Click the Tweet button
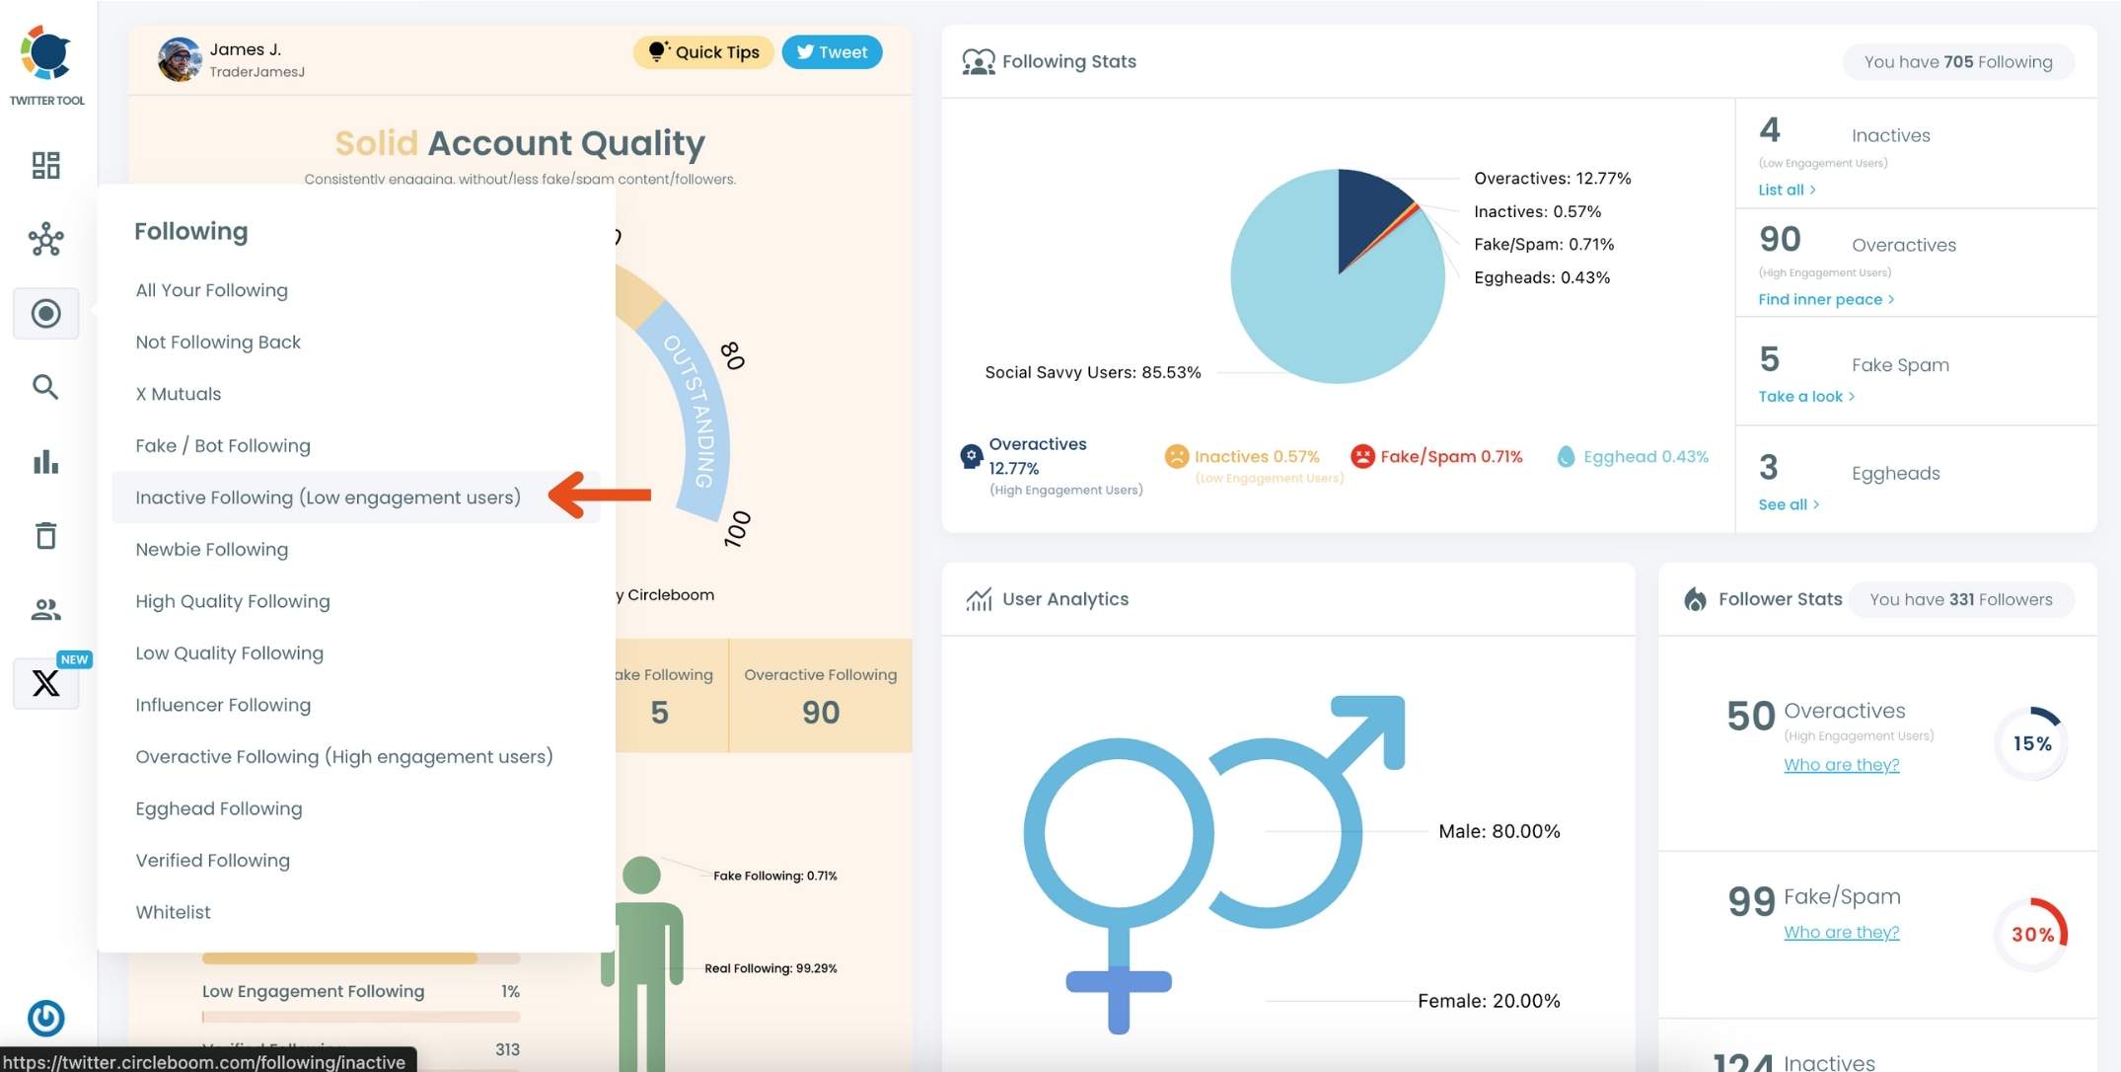pyautogui.click(x=832, y=52)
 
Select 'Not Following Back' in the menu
pyautogui.click(x=218, y=342)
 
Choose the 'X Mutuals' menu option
pyautogui.click(x=179, y=394)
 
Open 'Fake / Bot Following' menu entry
pyautogui.click(x=223, y=445)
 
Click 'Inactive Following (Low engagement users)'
pyautogui.click(x=328, y=498)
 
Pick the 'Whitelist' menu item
pyautogui.click(x=174, y=912)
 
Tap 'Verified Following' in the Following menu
pyautogui.click(x=213, y=861)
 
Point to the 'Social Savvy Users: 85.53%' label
pyautogui.click(x=1092, y=372)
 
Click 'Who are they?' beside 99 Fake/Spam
pyautogui.click(x=1841, y=932)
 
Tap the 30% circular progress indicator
pyautogui.click(x=2032, y=934)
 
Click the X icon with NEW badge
pyautogui.click(x=46, y=683)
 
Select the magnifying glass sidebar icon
pyautogui.click(x=46, y=387)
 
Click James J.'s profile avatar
pyautogui.click(x=180, y=60)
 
